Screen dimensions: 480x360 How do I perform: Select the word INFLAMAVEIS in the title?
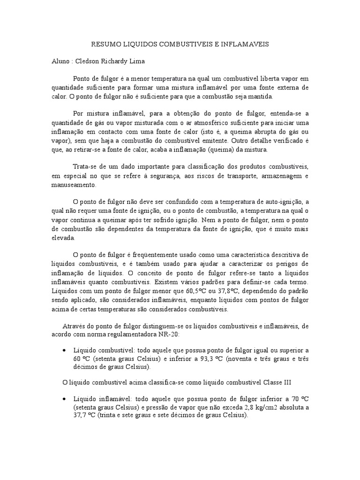coord(247,44)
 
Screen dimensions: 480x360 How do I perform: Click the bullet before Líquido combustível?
coord(64,351)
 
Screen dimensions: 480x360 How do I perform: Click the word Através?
coord(74,325)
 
